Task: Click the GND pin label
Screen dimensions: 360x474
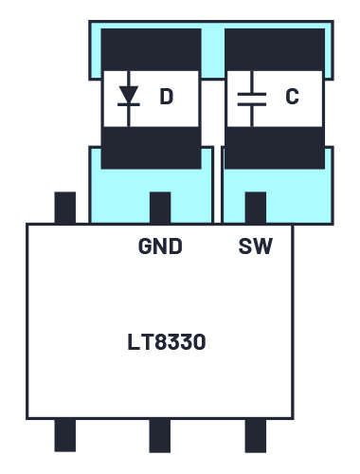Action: click(160, 246)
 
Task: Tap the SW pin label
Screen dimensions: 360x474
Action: click(256, 246)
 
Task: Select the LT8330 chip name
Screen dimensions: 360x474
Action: click(167, 342)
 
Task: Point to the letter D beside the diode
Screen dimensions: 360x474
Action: click(167, 97)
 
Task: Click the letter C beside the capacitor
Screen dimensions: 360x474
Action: click(292, 97)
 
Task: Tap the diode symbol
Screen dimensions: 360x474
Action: click(129, 99)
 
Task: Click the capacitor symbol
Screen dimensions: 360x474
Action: click(252, 99)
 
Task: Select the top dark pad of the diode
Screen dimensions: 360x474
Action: click(151, 49)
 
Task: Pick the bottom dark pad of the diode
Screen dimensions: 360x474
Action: click(151, 148)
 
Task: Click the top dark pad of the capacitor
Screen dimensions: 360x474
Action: click(275, 49)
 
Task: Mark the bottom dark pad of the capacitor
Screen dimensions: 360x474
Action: click(275, 148)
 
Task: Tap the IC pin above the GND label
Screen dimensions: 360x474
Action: click(160, 208)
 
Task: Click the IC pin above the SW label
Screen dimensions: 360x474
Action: click(256, 208)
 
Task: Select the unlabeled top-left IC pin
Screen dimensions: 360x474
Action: click(65, 208)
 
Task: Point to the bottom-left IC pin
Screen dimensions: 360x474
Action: click(65, 435)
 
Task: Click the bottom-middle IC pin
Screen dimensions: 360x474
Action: click(160, 436)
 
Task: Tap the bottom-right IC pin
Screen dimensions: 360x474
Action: click(256, 436)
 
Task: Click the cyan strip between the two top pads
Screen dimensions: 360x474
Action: click(213, 50)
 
